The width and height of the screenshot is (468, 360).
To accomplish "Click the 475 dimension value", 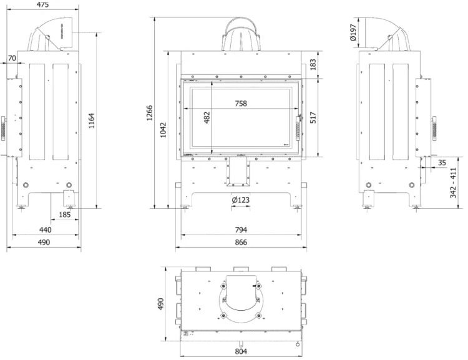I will click(42, 4).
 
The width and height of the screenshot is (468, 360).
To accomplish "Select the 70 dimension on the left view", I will click(12, 58).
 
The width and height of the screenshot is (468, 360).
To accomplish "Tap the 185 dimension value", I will click(64, 215).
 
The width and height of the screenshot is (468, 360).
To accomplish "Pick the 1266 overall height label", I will click(150, 117).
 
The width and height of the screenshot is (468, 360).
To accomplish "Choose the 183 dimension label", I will click(314, 64).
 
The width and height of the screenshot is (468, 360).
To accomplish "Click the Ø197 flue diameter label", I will click(354, 35).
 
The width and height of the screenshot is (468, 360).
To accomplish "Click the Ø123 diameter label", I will click(241, 200).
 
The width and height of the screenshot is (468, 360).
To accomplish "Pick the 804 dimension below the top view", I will click(241, 351).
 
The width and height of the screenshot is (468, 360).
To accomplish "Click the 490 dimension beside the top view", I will click(160, 304).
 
